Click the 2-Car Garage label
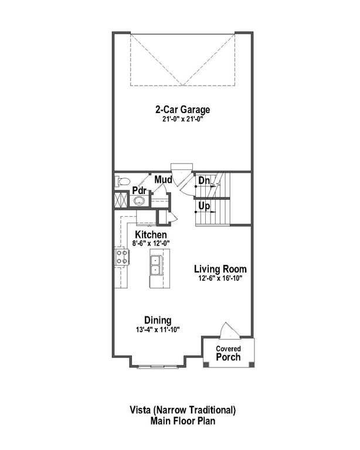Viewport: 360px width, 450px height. (182, 110)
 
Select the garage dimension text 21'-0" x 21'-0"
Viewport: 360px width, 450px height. (182, 119)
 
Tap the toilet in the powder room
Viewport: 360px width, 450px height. (121, 182)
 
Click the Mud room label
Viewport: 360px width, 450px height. (163, 179)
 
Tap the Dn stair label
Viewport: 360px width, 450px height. (204, 182)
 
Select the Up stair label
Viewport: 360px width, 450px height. (204, 206)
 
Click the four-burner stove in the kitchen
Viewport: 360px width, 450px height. (121, 256)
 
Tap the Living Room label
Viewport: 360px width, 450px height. (220, 269)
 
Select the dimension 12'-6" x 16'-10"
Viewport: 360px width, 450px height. (220, 278)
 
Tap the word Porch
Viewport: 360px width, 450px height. (228, 356)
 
